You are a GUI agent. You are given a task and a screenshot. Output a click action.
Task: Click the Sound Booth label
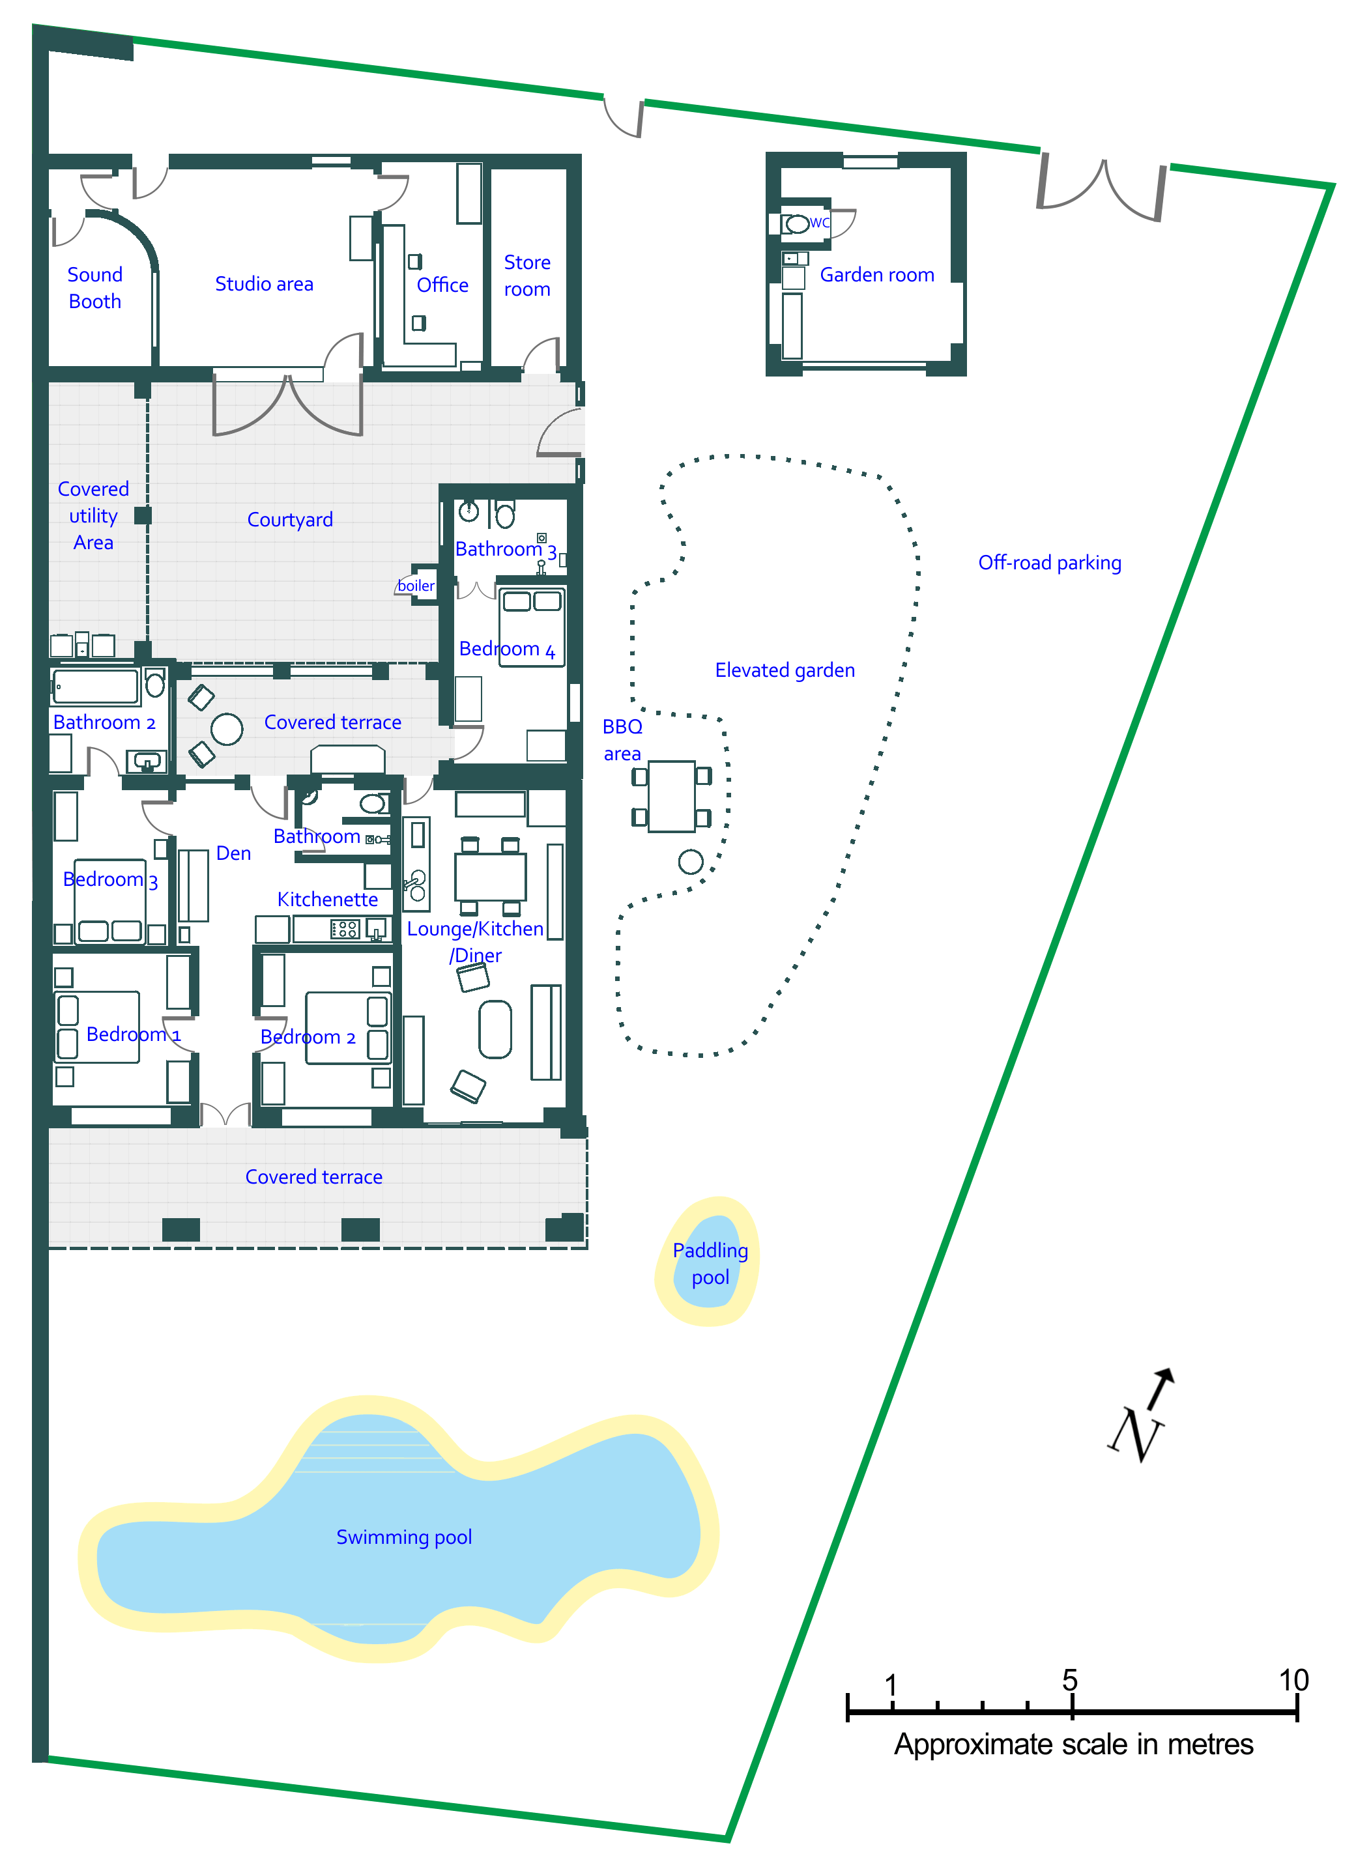(x=94, y=288)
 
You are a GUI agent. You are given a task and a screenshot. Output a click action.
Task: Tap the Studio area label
(x=264, y=284)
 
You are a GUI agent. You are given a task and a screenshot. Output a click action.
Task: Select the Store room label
(x=527, y=276)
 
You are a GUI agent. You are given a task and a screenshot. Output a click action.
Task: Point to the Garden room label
(x=876, y=275)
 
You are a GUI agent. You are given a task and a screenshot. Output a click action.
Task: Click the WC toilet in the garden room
(x=796, y=223)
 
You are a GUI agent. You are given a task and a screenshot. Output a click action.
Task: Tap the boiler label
(x=416, y=586)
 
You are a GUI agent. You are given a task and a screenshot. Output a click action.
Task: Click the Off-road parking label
(x=1049, y=562)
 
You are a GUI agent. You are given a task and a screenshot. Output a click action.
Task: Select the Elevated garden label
(x=785, y=670)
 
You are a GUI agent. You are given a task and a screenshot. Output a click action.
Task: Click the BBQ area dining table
(x=671, y=796)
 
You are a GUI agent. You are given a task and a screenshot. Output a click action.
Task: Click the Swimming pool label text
(x=404, y=1537)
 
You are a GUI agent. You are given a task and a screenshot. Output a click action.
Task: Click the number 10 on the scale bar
(x=1293, y=1680)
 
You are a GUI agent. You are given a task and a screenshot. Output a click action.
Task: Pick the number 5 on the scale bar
(x=1069, y=1680)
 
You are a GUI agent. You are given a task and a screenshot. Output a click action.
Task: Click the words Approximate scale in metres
(x=1073, y=1744)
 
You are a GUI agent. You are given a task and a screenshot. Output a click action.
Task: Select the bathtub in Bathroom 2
(x=96, y=687)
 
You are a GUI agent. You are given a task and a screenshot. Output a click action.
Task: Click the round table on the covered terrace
(x=226, y=728)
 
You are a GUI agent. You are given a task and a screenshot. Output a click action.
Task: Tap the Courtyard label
(x=289, y=520)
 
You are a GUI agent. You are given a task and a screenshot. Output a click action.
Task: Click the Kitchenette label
(x=327, y=900)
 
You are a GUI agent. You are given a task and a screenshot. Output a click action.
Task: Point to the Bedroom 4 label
(x=506, y=649)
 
